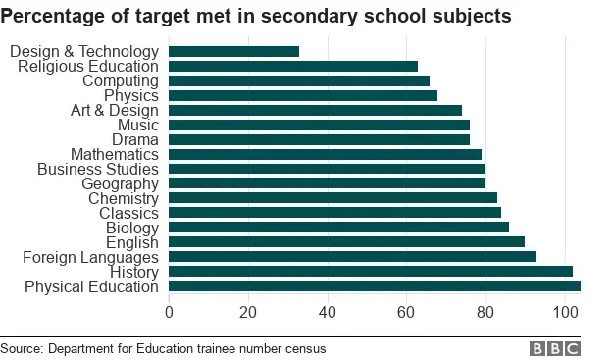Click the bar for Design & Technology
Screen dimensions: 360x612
[233, 51]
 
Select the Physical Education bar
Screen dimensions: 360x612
[375, 286]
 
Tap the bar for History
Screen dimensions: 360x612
[371, 272]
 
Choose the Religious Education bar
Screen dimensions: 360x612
[293, 66]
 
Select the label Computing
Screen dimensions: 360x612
[120, 80]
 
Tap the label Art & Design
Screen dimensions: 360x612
[115, 110]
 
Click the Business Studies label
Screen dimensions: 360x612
[97, 169]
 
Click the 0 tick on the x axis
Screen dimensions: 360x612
[170, 313]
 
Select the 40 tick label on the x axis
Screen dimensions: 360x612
[328, 313]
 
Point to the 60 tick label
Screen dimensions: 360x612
[407, 313]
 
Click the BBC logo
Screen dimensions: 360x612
[555, 348]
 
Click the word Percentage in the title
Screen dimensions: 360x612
[55, 17]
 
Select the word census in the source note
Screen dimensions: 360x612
[304, 348]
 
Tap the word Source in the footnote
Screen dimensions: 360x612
[21, 348]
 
